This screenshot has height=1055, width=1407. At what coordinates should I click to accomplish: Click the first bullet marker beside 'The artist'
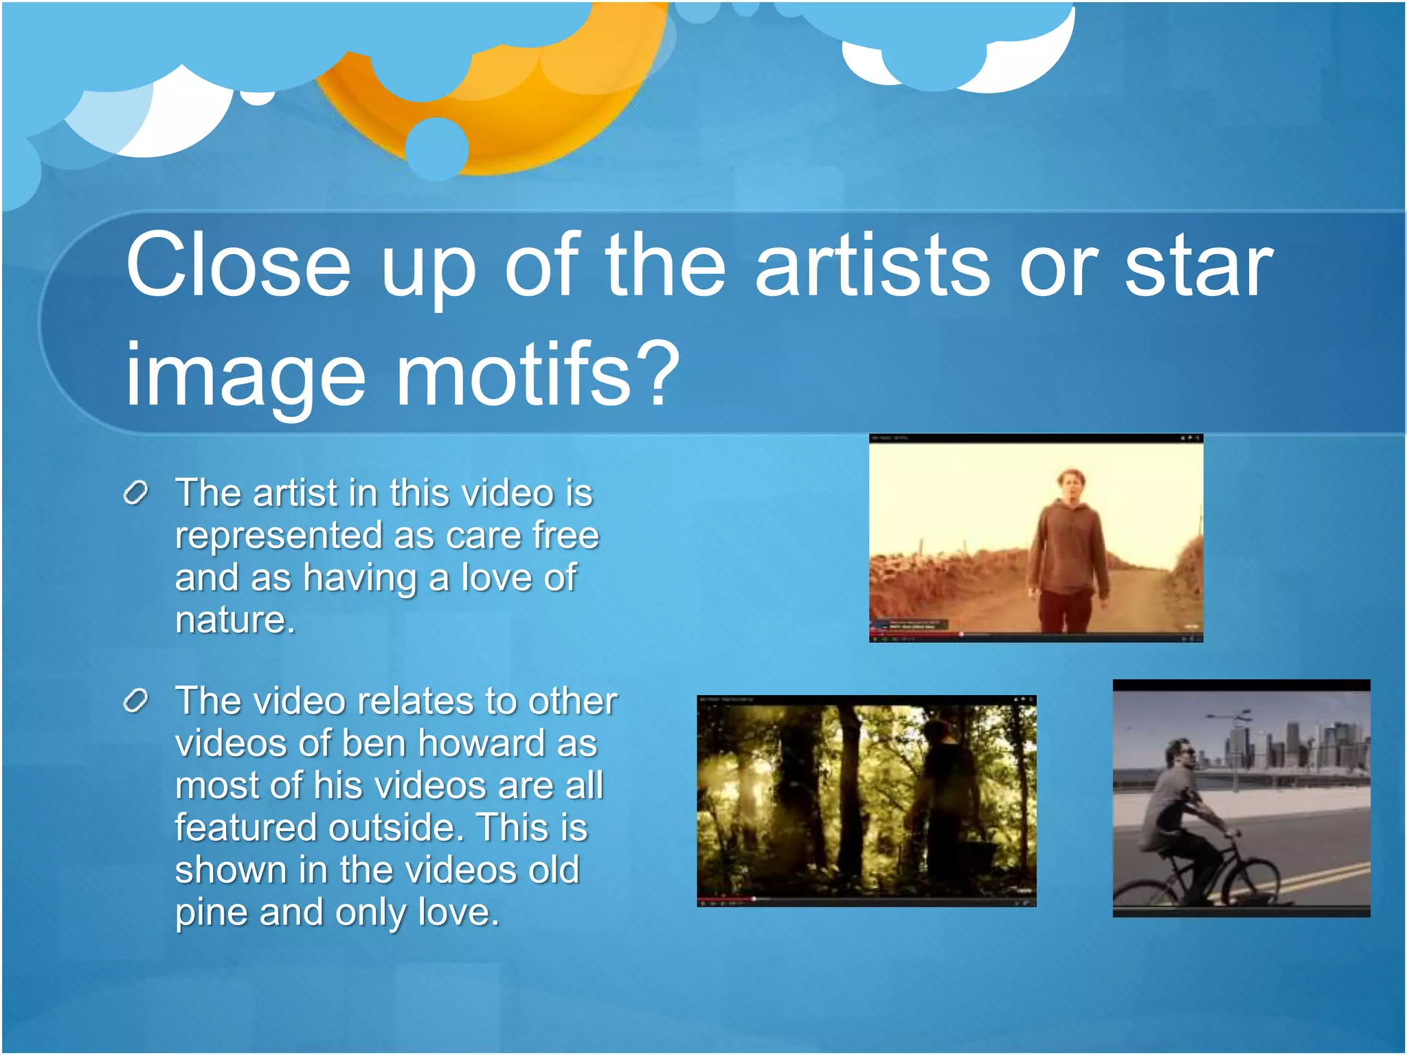coord(136,492)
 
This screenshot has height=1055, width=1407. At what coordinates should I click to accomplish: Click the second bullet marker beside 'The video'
coord(136,701)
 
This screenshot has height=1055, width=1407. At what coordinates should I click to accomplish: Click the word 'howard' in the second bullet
coord(482,743)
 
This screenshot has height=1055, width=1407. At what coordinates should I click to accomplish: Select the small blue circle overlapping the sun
coord(436,148)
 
